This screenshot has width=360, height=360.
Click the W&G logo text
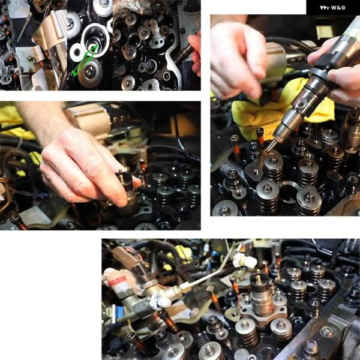tap(332, 8)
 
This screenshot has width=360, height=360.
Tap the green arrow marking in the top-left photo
tap(85, 60)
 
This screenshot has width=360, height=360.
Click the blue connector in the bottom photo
tap(120, 313)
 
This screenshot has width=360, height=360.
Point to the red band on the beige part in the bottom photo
tap(117, 281)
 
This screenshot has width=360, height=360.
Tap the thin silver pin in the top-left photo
tap(25, 28)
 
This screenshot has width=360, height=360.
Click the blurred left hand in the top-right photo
tap(239, 58)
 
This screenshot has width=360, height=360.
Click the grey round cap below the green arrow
tap(90, 73)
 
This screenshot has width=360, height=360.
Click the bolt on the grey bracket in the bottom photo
tap(326, 332)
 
